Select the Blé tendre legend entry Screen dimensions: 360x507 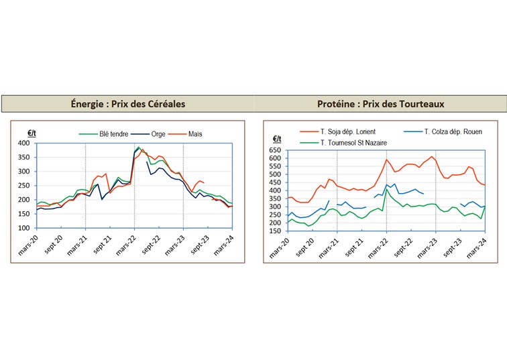tap(99, 134)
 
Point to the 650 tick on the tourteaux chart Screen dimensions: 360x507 tap(275, 151)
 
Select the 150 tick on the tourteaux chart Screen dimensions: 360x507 tap(275, 231)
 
